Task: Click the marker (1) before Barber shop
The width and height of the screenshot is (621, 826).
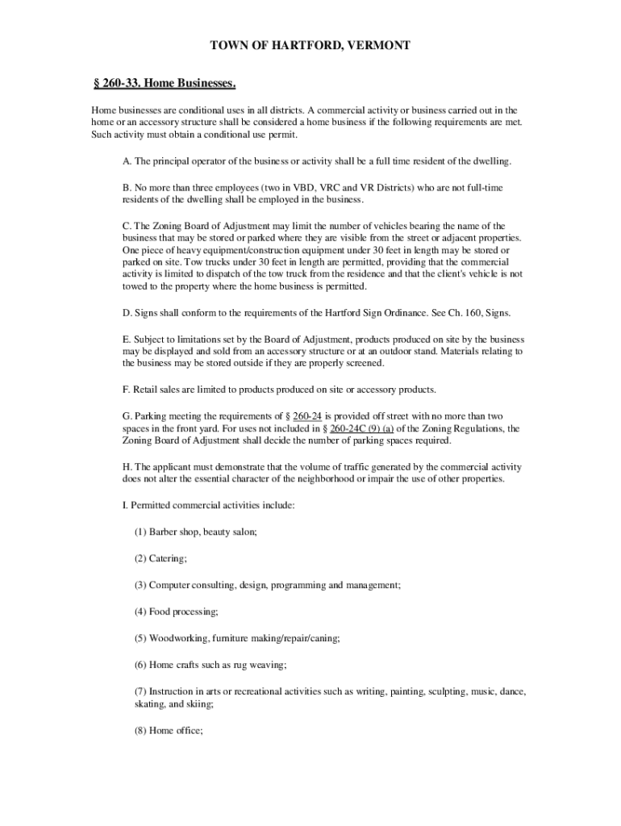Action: point(141,532)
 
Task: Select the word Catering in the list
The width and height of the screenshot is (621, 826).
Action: point(168,558)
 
